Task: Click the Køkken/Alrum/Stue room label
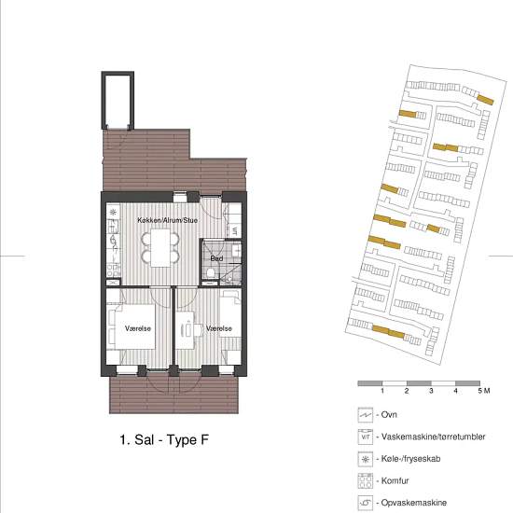167,220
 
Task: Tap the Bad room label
216,258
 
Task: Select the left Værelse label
138,328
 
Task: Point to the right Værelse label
219,328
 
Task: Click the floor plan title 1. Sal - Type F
164,439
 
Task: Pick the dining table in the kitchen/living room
160,248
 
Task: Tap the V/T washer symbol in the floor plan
234,231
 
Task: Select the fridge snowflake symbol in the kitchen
113,213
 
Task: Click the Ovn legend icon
366,415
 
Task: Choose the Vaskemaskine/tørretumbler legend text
433,437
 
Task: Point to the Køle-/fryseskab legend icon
366,459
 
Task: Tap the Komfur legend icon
366,481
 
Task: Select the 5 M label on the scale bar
484,391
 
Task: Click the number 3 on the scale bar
431,391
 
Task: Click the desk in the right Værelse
185,329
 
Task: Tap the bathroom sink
237,251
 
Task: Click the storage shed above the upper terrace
118,101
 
